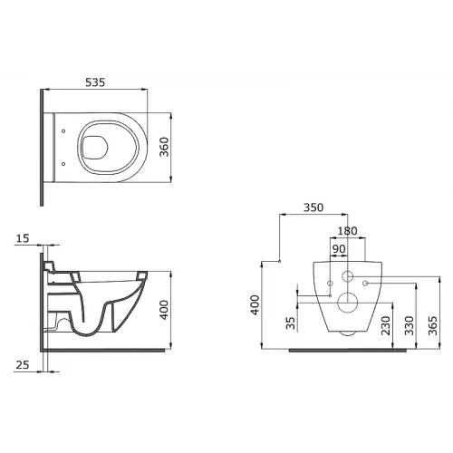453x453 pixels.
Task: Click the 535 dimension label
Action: click(95, 82)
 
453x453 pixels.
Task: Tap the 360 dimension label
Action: click(164, 147)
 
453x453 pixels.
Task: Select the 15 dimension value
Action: click(23, 238)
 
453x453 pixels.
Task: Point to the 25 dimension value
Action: click(23, 365)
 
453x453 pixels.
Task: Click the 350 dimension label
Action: click(313, 207)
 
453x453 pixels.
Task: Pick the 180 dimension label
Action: click(347, 231)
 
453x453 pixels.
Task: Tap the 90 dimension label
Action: click(339, 249)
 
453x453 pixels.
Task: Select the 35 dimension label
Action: click(290, 323)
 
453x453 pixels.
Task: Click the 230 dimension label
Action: click(386, 325)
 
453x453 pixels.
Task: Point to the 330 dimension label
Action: click(410, 325)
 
